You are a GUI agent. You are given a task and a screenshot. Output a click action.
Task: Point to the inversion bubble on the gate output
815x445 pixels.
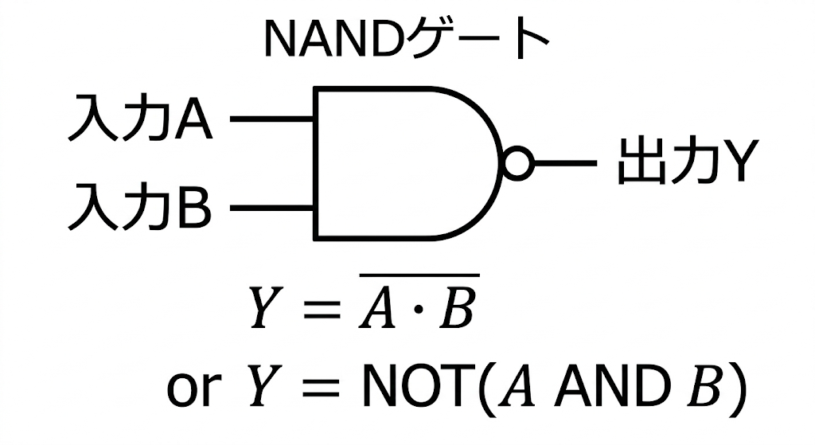click(517, 163)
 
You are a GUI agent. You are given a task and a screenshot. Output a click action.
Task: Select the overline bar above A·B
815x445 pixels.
click(418, 276)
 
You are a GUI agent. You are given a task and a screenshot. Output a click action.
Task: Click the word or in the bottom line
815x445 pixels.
click(191, 388)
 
